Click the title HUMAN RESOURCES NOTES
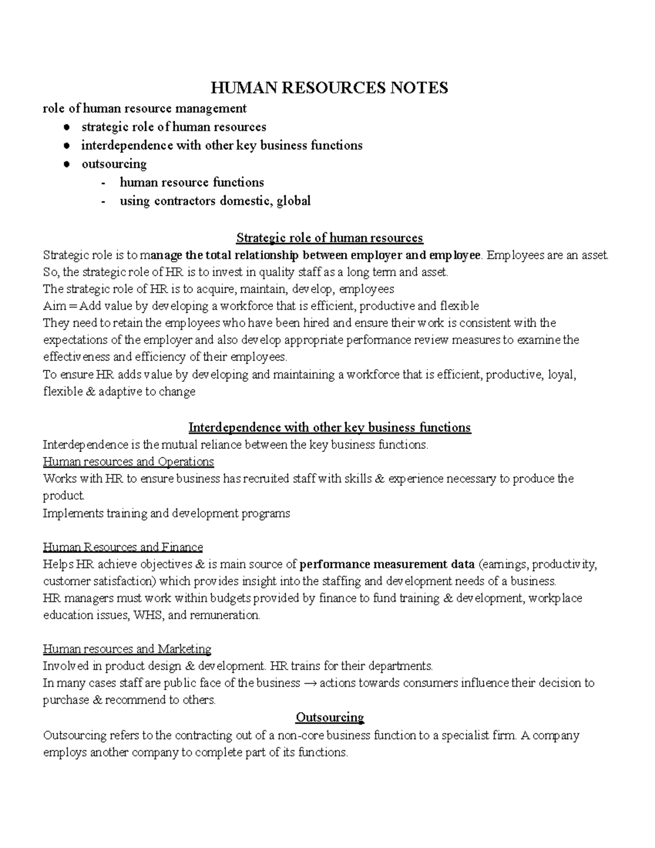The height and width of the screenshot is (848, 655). tap(329, 87)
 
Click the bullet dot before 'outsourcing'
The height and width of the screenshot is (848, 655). tap(65, 164)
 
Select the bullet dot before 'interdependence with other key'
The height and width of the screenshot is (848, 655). tap(65, 146)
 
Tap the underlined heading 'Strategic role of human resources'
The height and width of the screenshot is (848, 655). tap(329, 238)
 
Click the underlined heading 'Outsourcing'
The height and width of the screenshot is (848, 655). tap(329, 717)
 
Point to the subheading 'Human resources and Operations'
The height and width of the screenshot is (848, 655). tap(128, 461)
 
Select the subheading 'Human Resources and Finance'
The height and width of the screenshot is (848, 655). tap(123, 547)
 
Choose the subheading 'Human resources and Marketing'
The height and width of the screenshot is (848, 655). tap(127, 649)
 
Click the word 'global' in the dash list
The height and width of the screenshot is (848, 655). tap(294, 201)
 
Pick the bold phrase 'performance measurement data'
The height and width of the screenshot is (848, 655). tap(388, 564)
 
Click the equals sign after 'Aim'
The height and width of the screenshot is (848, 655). tap(74, 306)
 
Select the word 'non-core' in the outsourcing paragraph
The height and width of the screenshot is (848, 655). tap(299, 735)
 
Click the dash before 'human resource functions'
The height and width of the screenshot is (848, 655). tap(104, 183)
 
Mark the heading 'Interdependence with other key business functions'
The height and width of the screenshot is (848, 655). tap(329, 427)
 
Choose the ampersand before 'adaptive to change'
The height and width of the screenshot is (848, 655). tap(91, 392)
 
